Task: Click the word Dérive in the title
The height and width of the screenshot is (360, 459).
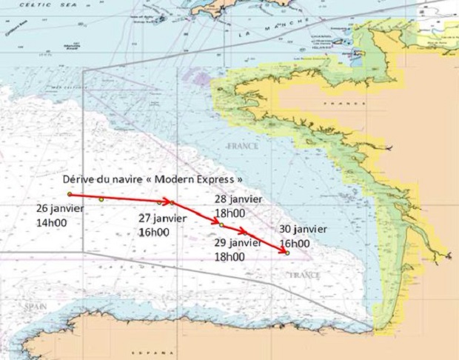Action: [79, 180]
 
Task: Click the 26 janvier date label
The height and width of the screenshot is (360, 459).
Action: [59, 208]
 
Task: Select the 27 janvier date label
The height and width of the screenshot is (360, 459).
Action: [163, 219]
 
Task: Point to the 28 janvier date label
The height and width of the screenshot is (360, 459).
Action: [238, 200]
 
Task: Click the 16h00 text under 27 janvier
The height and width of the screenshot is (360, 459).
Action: [154, 232]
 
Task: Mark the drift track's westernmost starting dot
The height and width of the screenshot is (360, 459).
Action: [69, 195]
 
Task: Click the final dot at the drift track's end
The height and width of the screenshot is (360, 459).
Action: [287, 253]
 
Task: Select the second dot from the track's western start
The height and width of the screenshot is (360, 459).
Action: [101, 199]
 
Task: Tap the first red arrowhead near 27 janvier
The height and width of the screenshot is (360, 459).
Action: [166, 201]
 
